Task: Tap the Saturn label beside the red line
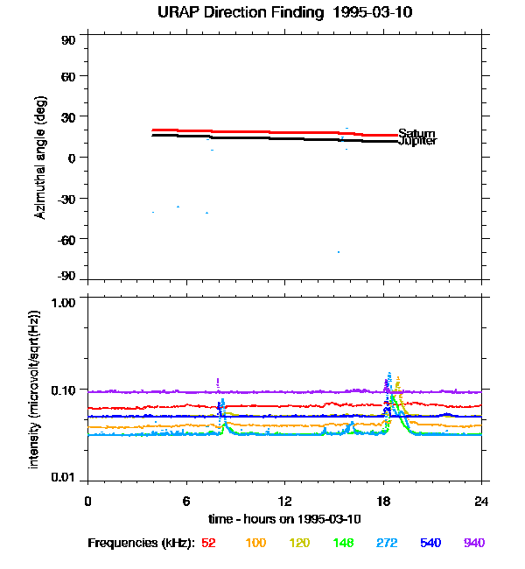[416, 134]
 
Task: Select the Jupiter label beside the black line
[417, 141]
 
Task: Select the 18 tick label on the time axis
[383, 501]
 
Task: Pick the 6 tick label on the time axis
[186, 501]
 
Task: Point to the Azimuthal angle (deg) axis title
[40, 158]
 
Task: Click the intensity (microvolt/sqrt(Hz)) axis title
[36, 388]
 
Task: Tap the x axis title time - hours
[285, 519]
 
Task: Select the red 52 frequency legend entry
[209, 544]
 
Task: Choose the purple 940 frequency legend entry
[474, 544]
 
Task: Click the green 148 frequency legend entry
[343, 544]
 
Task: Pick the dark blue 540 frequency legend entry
[430, 544]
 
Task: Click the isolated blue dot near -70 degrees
[338, 252]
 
